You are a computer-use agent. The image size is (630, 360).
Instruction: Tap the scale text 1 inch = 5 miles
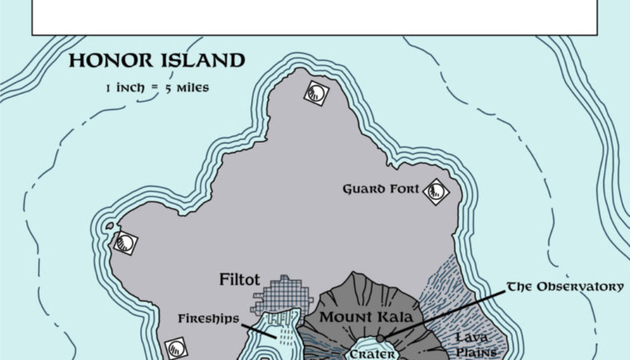point(157,88)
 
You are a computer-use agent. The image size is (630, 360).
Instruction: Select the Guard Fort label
point(381,190)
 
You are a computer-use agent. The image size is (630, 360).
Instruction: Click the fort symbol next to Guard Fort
point(436,191)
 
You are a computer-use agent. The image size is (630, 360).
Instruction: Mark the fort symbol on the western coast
point(125,242)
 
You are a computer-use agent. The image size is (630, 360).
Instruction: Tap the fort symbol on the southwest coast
point(176,348)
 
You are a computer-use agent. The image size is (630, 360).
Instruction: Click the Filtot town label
point(237,280)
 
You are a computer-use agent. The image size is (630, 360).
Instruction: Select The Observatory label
point(564,287)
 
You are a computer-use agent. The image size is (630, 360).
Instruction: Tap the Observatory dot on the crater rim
point(380,338)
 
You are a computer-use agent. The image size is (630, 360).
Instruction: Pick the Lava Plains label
point(472,345)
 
